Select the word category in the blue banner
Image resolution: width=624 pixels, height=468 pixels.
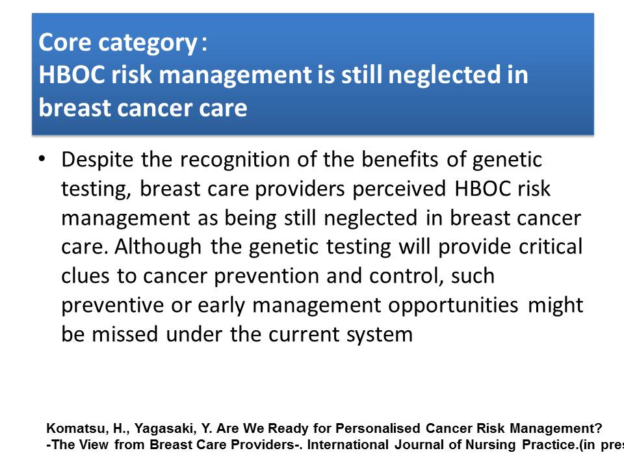(x=148, y=44)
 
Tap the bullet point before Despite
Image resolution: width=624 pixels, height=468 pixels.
(x=42, y=159)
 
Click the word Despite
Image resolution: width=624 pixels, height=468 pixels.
(x=97, y=160)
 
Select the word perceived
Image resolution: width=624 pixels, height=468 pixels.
(x=399, y=189)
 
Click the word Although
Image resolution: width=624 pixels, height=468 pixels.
(x=158, y=247)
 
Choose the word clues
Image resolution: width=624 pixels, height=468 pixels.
(x=85, y=276)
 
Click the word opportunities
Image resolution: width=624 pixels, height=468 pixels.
(x=453, y=305)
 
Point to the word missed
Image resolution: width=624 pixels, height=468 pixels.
(x=125, y=334)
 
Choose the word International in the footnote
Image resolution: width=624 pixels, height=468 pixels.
(x=348, y=445)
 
